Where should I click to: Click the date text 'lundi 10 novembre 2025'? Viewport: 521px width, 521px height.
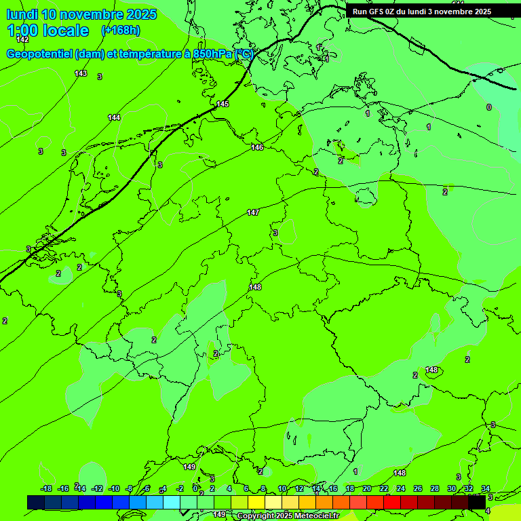[81, 14]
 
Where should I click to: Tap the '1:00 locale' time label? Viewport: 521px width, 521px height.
[47, 31]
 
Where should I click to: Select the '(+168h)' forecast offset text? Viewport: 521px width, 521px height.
[121, 31]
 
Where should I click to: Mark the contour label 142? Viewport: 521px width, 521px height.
[22, 39]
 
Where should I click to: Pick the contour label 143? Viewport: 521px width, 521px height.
[81, 73]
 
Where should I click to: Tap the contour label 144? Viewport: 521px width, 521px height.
[114, 117]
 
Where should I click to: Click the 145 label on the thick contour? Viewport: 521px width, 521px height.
[223, 104]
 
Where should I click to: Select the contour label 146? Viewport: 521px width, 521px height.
[257, 147]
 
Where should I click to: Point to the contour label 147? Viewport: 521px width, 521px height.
[253, 212]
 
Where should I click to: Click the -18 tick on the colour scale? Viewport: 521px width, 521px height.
[46, 488]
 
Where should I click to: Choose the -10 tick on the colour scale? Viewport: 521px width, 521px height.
[114, 488]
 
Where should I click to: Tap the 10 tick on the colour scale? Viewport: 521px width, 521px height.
[282, 488]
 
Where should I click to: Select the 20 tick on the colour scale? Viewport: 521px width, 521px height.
[367, 488]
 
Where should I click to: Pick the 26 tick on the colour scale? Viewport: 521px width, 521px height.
[418, 488]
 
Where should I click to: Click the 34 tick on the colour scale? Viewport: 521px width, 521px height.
[486, 488]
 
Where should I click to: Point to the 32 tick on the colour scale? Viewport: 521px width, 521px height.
[469, 488]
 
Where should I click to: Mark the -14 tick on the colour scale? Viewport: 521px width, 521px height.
[80, 488]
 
